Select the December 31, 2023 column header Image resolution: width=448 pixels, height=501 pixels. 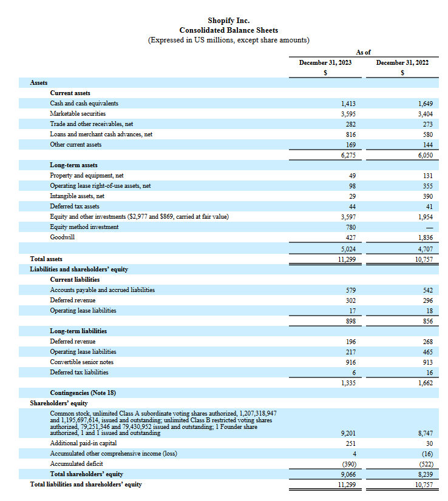325,62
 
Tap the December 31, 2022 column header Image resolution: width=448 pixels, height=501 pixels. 402,62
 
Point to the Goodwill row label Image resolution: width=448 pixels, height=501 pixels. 63,237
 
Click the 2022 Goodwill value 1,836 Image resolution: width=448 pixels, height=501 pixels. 425,237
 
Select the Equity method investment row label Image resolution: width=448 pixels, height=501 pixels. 84,227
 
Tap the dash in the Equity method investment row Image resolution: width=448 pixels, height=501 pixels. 429,227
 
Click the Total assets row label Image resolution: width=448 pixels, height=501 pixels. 46,259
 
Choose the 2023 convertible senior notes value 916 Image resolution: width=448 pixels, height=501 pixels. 350,362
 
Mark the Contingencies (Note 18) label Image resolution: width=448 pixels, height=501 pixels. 83,393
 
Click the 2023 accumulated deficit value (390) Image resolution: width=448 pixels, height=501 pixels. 348,464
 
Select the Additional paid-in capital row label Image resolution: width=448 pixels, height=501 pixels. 83,443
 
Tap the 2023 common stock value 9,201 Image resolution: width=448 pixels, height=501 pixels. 348,433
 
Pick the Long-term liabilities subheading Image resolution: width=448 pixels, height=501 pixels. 78,331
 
